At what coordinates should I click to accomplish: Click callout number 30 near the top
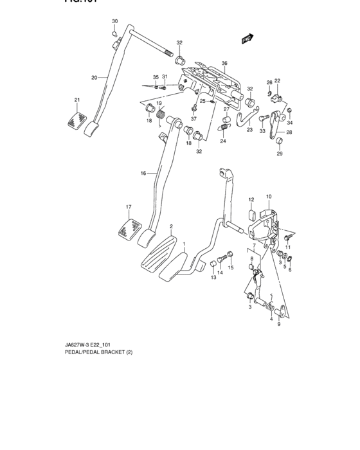click(114, 22)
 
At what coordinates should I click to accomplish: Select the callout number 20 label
click(94, 78)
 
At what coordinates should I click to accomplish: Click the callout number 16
click(144, 173)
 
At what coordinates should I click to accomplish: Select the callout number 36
click(224, 63)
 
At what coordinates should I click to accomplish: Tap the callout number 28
click(289, 132)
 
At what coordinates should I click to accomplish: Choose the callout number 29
click(279, 154)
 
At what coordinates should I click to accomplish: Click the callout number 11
click(288, 248)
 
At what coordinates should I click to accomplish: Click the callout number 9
click(279, 325)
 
